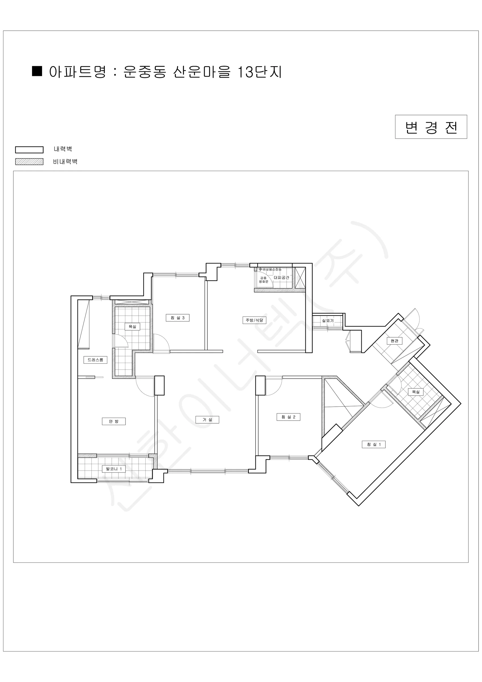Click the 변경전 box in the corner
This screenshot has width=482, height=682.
click(431, 127)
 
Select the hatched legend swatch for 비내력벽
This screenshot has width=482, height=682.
click(29, 162)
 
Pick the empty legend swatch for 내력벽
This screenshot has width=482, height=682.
click(29, 149)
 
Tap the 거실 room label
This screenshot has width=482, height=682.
click(207, 420)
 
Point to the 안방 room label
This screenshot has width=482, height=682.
click(114, 421)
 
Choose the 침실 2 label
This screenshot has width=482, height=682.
click(288, 417)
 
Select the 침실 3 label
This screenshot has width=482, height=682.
click(177, 318)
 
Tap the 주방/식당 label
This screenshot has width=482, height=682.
click(254, 320)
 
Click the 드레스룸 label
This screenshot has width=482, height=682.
click(95, 360)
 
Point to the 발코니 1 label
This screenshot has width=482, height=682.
click(114, 469)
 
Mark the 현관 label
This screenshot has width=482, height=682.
click(395, 341)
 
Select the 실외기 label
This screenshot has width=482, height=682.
click(328, 321)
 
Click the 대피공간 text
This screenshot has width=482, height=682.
click(281, 277)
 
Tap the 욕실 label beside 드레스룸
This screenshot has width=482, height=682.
click(132, 327)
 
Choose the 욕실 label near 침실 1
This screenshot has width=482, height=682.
click(416, 392)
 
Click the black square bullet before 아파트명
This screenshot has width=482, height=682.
click(37, 71)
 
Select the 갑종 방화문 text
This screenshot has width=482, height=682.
click(263, 280)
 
